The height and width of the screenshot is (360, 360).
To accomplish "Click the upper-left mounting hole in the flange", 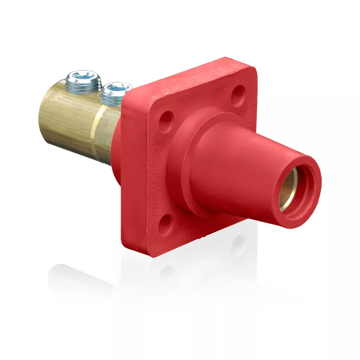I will (x=166, y=120).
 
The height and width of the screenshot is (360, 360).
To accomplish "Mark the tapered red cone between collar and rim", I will (x=238, y=169).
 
